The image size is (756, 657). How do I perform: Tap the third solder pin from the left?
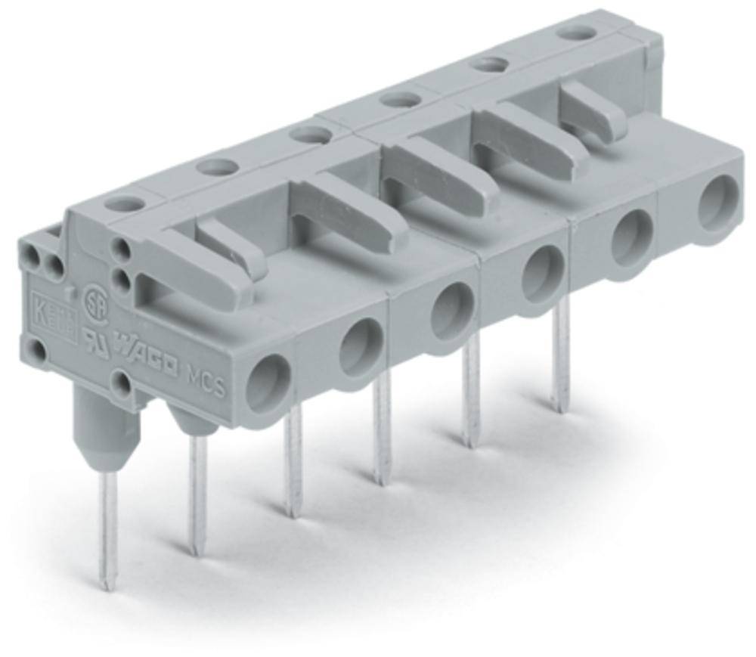coord(293,461)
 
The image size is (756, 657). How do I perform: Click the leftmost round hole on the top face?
coord(122,203)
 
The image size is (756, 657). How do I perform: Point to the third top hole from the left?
coord(309,135)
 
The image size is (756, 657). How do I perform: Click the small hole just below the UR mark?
coord(121,383)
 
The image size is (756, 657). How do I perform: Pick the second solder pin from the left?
coord(199,491)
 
